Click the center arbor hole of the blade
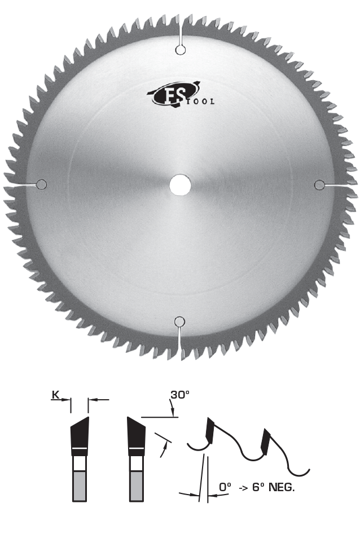click(180, 185)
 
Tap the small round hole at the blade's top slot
click(181, 50)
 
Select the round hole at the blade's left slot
click(41, 185)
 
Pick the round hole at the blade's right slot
click(319, 185)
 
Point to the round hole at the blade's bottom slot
click(179, 322)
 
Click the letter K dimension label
click(55, 395)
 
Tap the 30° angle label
click(179, 395)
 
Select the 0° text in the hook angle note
click(225, 487)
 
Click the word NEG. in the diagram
click(282, 487)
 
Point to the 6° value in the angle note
click(258, 487)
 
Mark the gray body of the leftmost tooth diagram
click(80, 486)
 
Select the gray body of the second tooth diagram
click(136, 486)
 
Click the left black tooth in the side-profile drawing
click(210, 431)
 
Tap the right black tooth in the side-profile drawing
click(265, 442)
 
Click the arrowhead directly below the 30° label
click(172, 412)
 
